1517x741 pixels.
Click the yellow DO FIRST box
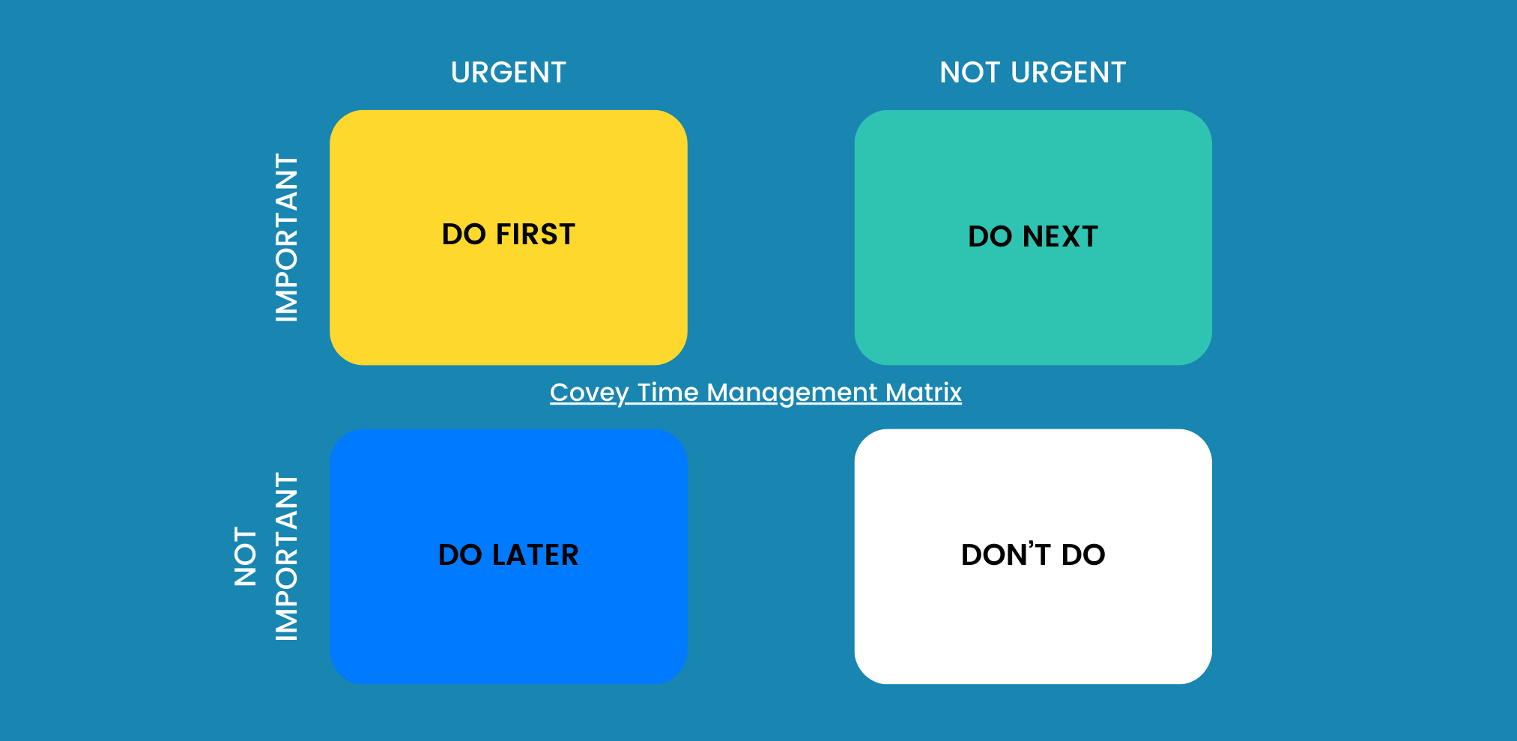508,300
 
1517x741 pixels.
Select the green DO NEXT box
1032,300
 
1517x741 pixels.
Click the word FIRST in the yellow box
535,235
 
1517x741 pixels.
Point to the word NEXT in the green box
1060,237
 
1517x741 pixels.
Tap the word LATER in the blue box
535,555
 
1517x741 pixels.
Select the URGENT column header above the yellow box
508,73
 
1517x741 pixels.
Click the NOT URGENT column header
1032,73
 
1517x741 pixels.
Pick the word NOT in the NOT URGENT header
969,73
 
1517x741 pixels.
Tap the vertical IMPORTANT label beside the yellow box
287,238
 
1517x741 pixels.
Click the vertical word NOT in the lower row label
246,556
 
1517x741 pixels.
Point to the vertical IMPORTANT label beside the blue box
287,556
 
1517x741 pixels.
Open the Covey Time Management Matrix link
755,392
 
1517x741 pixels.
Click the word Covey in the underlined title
589,393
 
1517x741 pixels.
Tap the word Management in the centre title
792,393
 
